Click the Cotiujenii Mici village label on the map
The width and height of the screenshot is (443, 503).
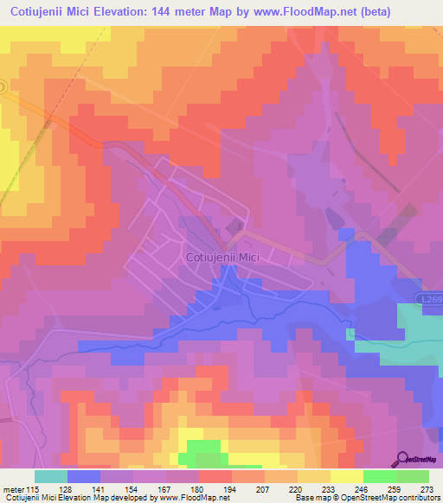[223, 257]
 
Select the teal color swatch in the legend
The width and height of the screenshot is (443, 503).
[51, 476]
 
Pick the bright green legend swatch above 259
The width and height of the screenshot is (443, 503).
[380, 476]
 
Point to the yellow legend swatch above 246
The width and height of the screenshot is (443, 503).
[347, 476]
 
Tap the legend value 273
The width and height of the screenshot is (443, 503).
[426, 488]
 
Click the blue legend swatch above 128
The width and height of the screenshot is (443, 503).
[84, 476]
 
